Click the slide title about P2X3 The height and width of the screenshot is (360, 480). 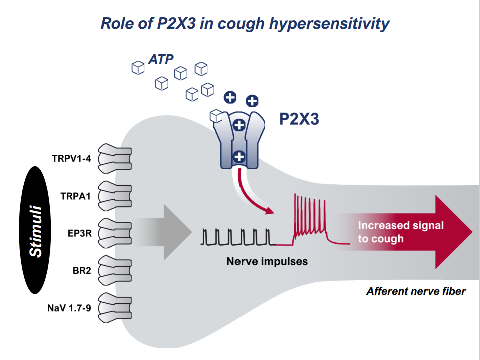coord(245,23)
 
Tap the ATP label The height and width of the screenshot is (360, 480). coord(161,59)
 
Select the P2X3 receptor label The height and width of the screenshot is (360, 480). coord(299,119)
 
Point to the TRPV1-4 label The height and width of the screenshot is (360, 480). coord(71,159)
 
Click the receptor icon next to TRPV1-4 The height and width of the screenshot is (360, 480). coord(114,158)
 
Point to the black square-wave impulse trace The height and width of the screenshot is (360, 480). coord(237,237)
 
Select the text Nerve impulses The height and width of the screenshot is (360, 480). coord(267,261)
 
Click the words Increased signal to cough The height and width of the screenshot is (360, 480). coord(400,232)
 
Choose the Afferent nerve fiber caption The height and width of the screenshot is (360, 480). coord(416,291)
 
